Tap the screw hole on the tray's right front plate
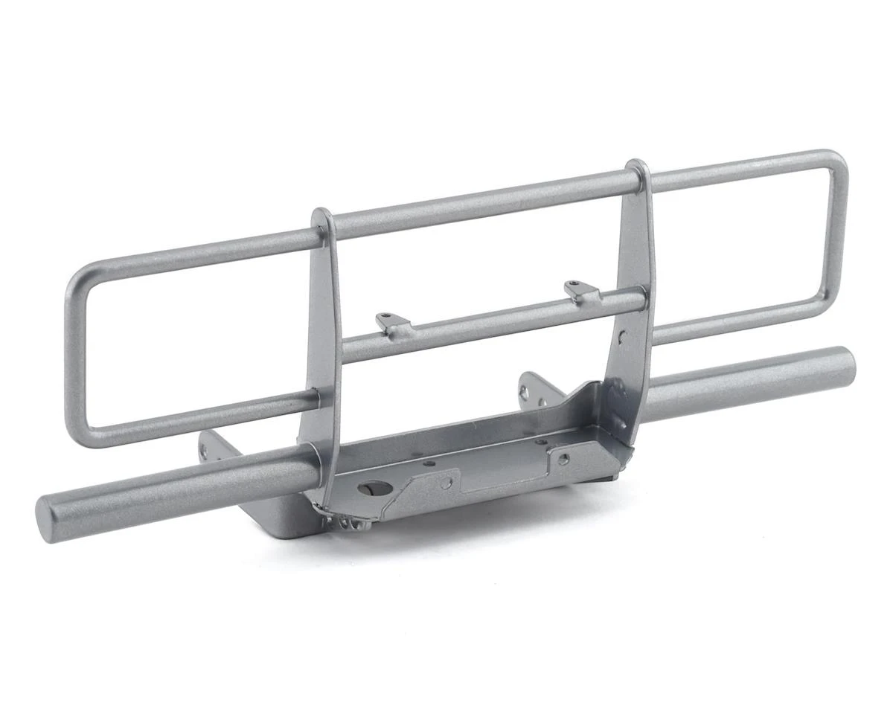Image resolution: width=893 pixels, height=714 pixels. pos(563,459)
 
